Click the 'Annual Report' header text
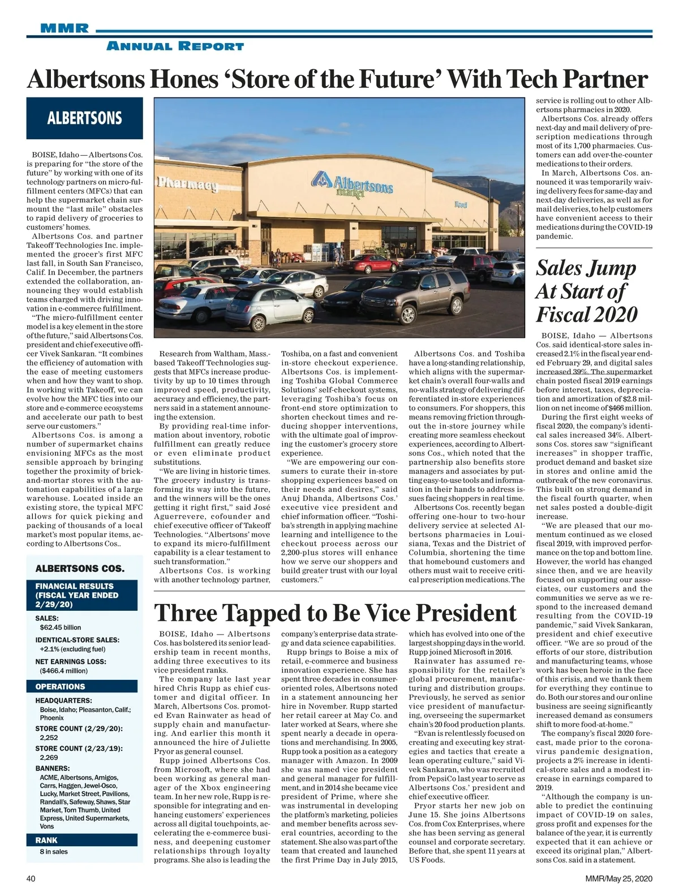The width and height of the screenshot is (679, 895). (175, 46)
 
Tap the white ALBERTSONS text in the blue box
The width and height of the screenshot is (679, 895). (84, 118)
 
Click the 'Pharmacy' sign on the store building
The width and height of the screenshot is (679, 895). (187, 185)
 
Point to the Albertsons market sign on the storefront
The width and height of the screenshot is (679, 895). (351, 183)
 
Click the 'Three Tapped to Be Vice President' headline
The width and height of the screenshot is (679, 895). (335, 613)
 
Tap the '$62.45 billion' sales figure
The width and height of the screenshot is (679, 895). (61, 627)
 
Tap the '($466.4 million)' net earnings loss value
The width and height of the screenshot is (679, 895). (64, 670)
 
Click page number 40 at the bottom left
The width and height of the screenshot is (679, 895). (32, 879)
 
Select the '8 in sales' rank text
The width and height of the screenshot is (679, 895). (54, 851)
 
